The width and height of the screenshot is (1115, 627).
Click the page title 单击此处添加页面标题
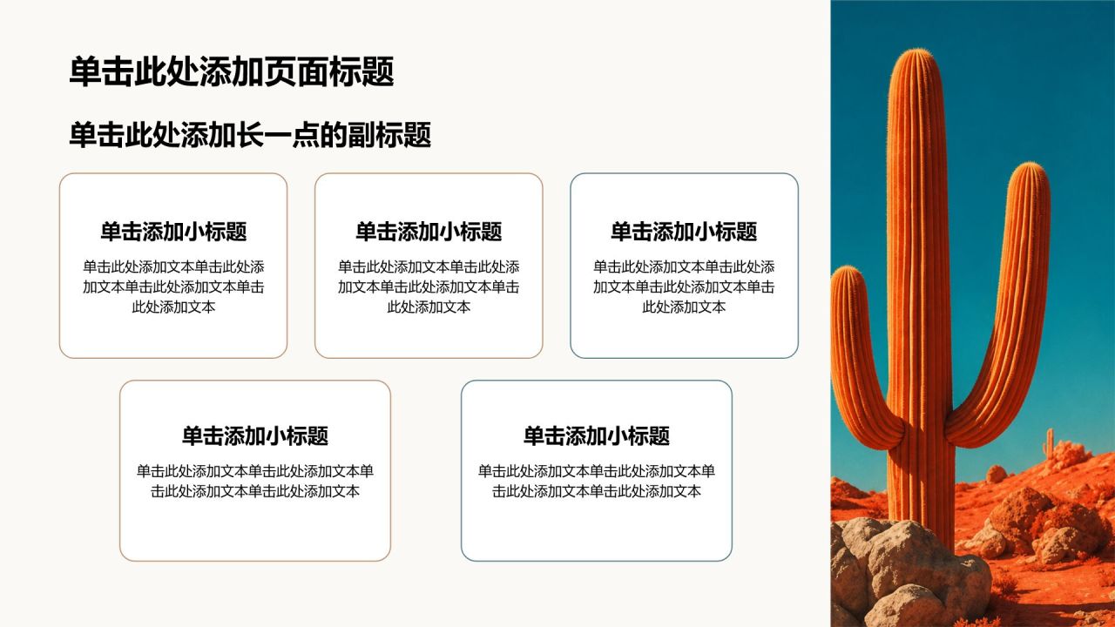(232, 71)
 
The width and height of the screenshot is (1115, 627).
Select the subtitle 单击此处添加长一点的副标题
(250, 134)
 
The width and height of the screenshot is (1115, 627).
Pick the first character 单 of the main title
(85, 71)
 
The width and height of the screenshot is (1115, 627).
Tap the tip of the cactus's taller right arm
(1029, 165)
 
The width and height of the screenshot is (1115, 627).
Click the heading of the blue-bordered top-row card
(684, 232)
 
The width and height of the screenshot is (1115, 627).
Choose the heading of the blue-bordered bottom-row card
(597, 435)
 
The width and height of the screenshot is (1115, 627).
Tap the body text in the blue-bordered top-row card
(684, 287)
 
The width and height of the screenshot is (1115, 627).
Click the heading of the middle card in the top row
(429, 232)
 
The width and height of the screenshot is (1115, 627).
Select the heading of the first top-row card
(173, 232)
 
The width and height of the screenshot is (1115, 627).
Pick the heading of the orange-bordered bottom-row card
(255, 435)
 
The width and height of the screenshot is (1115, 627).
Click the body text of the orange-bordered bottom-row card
(255, 481)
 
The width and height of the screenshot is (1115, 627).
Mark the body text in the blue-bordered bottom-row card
(597, 481)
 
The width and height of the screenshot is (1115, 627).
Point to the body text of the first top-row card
(173, 287)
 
